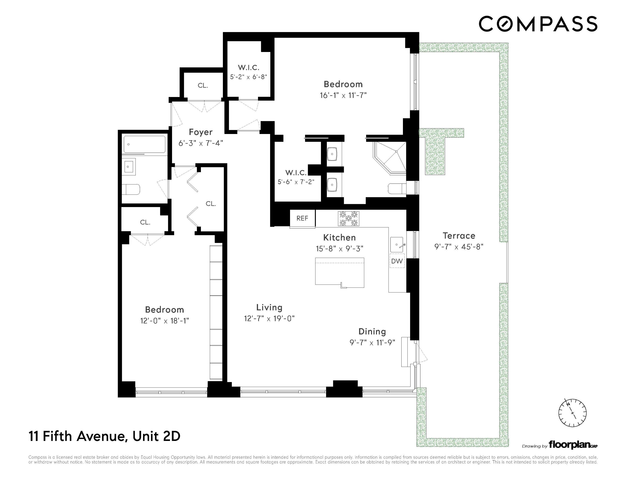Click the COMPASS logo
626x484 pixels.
click(x=538, y=24)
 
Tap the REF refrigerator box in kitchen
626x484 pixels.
click(x=302, y=218)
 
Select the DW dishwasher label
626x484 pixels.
click(x=397, y=261)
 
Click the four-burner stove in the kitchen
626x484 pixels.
click(x=348, y=218)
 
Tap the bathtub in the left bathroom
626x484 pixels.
click(x=144, y=144)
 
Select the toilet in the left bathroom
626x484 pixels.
click(x=131, y=189)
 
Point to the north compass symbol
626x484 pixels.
click(x=572, y=413)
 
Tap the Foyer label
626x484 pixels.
click(x=201, y=132)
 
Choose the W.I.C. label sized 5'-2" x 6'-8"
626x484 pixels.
click(x=249, y=68)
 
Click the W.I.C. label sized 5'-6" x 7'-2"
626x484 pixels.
click(x=296, y=173)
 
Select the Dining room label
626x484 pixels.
click(x=372, y=332)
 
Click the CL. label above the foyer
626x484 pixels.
click(x=203, y=85)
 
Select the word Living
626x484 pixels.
click(x=269, y=308)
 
